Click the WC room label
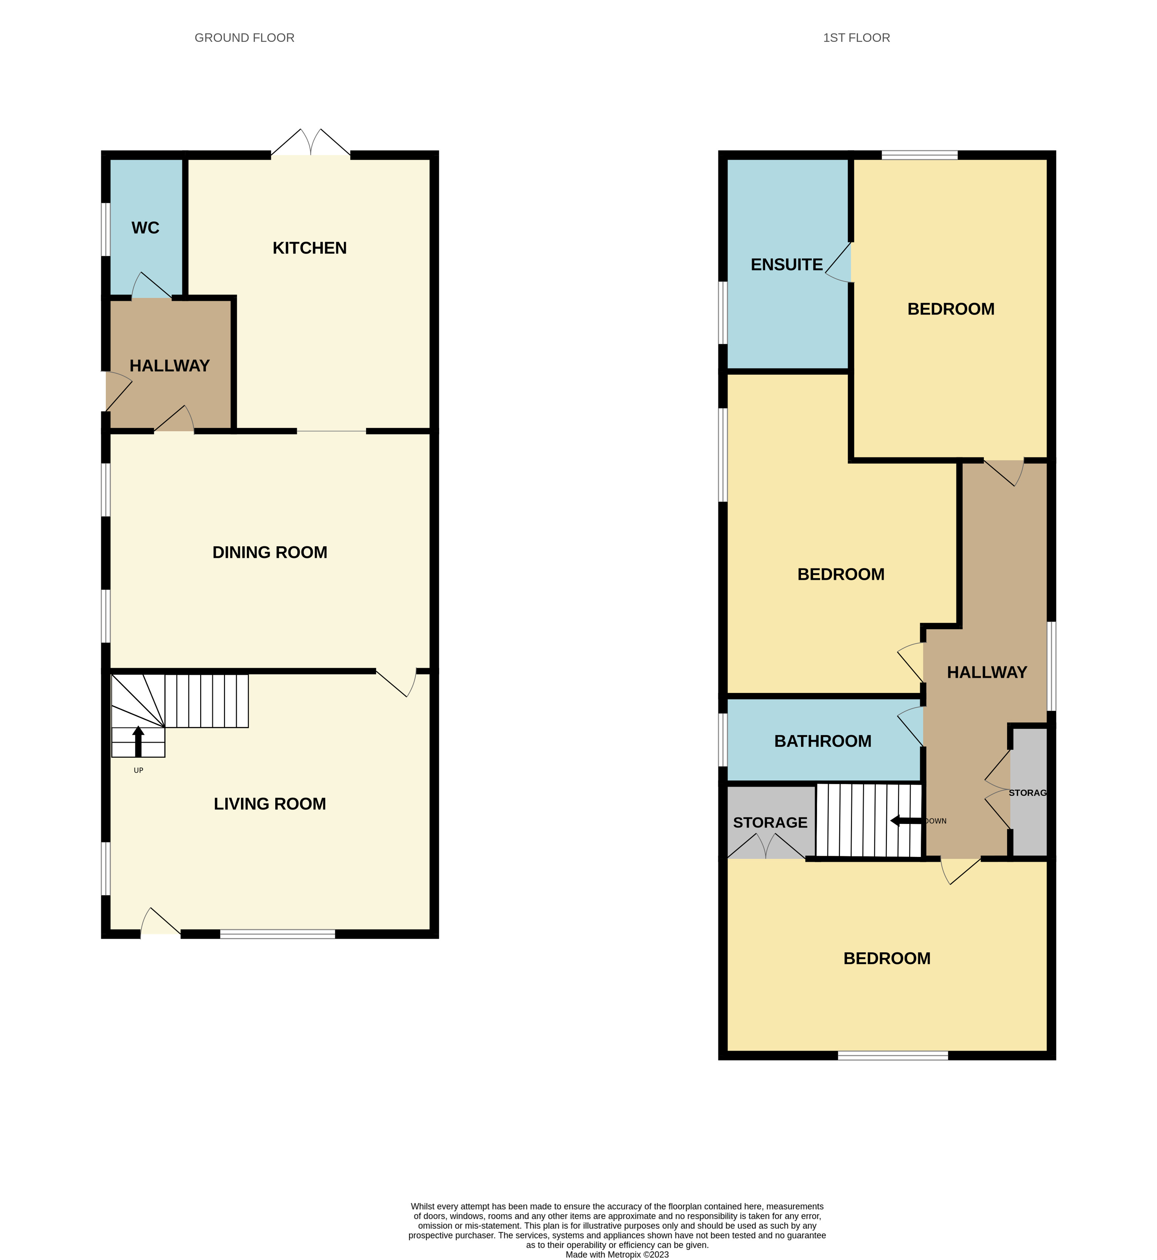[145, 228]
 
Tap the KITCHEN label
[309, 248]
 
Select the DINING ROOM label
[270, 552]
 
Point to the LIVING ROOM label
[270, 804]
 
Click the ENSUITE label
[786, 265]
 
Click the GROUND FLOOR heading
[244, 38]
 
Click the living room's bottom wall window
[278, 934]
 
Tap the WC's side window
[106, 229]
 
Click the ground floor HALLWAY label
[170, 366]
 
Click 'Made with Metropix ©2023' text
[617, 1254]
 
